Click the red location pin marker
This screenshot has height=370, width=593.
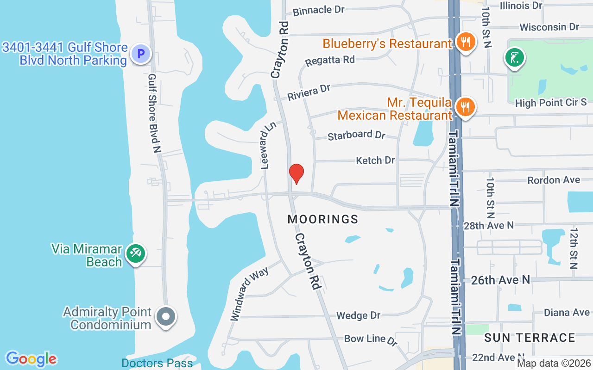(296, 173)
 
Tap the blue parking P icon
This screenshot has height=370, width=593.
(140, 54)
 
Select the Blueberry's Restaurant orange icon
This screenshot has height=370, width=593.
(464, 43)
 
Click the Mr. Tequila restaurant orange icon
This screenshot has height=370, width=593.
(464, 108)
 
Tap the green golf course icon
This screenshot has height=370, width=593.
(515, 58)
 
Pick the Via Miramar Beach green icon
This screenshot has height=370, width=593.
(136, 253)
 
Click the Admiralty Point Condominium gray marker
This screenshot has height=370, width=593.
(166, 317)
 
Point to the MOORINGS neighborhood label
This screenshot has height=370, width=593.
(323, 219)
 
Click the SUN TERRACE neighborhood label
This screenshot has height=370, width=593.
(530, 338)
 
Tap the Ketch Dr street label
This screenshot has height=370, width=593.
(375, 160)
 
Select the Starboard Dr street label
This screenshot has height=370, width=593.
(356, 136)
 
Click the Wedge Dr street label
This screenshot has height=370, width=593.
(358, 316)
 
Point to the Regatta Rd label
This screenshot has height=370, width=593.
(330, 61)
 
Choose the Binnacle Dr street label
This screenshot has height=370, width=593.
(319, 10)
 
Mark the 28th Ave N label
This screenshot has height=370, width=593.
(489, 225)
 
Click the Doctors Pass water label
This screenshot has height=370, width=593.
(157, 363)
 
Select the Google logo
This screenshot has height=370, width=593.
(31, 358)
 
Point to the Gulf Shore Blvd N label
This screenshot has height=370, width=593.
(154, 113)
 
